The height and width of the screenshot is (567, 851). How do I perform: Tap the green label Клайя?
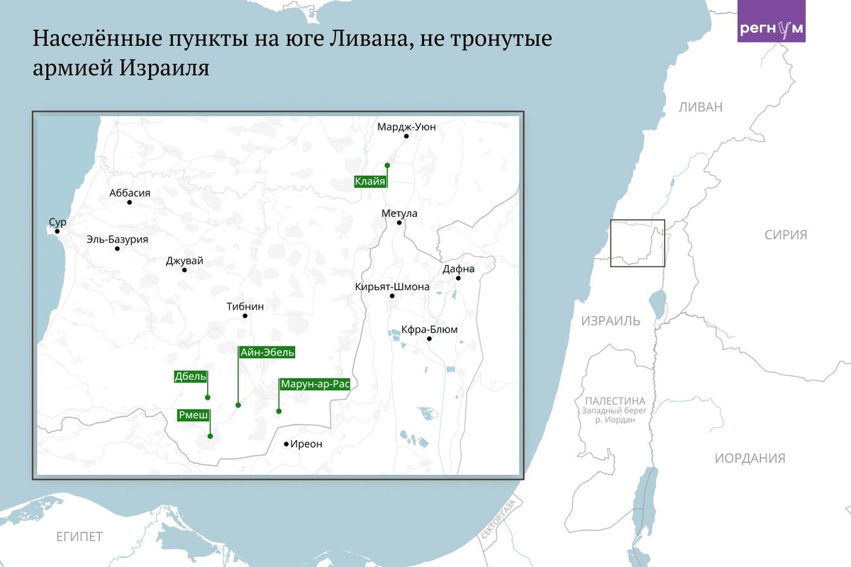pyautogui.click(x=370, y=181)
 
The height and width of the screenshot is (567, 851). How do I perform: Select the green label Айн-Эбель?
pyautogui.click(x=267, y=352)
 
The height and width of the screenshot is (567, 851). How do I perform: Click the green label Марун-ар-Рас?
pyautogui.click(x=315, y=384)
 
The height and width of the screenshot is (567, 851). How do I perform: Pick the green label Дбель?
pyautogui.click(x=191, y=376)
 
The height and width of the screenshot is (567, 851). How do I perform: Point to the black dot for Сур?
pyautogui.click(x=57, y=231)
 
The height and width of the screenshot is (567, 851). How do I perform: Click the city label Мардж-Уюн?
pyautogui.click(x=406, y=127)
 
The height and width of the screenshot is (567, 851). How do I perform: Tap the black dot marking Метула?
pyautogui.click(x=399, y=223)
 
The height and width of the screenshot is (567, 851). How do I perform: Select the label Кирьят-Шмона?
pyautogui.click(x=392, y=286)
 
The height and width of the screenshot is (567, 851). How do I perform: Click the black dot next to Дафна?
pyautogui.click(x=459, y=278)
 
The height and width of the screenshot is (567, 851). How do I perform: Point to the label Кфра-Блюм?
pyautogui.click(x=429, y=329)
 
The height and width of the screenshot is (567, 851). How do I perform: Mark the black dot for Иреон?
pyautogui.click(x=287, y=444)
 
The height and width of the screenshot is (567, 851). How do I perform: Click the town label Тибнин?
pyautogui.click(x=245, y=306)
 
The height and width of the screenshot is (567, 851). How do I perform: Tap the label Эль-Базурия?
pyautogui.click(x=117, y=240)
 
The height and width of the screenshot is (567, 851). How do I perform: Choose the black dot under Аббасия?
pyautogui.click(x=130, y=203)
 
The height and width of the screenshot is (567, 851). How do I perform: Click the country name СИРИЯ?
pyautogui.click(x=786, y=235)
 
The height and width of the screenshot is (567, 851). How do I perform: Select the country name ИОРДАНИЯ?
pyautogui.click(x=750, y=458)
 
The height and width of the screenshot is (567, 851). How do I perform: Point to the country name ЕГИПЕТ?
pyautogui.click(x=79, y=536)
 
